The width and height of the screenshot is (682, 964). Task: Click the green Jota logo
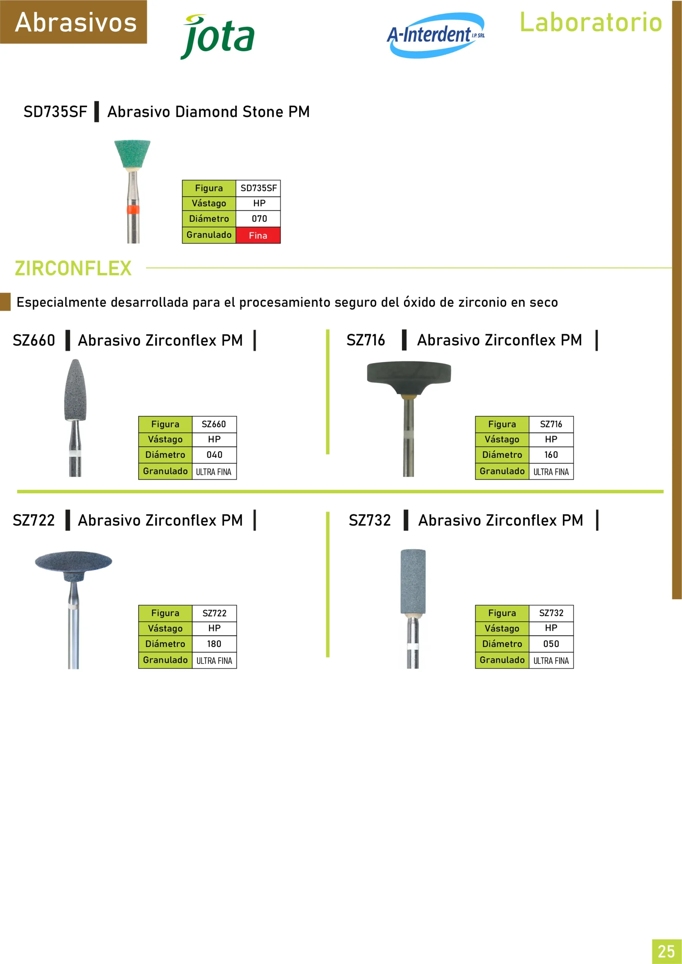pos(218,37)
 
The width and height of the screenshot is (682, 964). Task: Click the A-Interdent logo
pos(436,35)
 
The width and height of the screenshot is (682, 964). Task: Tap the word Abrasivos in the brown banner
pos(76,22)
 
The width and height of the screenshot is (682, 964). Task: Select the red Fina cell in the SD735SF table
pos(258,235)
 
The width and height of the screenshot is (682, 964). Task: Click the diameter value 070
pos(259,218)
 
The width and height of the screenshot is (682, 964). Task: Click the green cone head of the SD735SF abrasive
pos(132,154)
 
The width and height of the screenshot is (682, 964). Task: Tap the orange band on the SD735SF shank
pos(133,209)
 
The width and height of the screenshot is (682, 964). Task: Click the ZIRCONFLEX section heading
pos(73,268)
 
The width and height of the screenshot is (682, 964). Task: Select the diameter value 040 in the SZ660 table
pos(214,455)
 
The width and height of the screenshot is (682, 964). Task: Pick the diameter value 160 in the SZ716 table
pos(551,455)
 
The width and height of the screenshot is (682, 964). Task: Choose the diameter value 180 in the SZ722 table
pos(214,644)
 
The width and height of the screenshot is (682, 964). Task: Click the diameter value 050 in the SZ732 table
pos(551,644)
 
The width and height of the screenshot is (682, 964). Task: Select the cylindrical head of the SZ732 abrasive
pos(413,581)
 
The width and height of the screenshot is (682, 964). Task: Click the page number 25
pos(666,951)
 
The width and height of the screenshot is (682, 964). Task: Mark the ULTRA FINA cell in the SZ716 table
pos(551,472)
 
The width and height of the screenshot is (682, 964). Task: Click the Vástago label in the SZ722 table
pos(165,628)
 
